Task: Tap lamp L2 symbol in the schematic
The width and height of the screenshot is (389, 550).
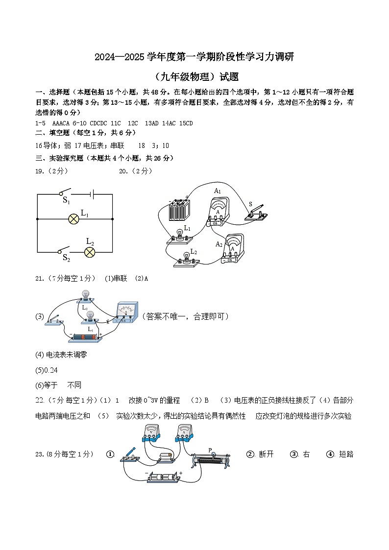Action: click(90, 252)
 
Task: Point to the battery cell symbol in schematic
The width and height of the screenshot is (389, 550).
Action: click(91, 194)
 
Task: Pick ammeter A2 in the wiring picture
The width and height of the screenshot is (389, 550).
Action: click(233, 248)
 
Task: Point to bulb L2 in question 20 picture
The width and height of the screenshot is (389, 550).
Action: click(186, 259)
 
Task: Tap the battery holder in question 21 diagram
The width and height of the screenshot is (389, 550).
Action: click(86, 337)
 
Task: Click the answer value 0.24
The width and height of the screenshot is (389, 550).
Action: click(45, 370)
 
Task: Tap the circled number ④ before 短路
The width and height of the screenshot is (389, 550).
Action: click(330, 454)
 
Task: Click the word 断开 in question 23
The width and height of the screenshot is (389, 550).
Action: click(266, 454)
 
